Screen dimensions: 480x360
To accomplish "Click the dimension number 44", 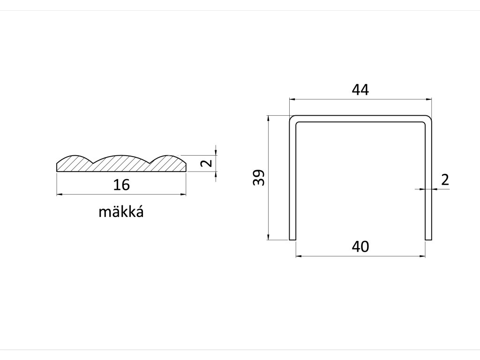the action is tap(360, 90).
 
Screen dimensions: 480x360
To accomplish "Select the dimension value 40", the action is tap(360, 247).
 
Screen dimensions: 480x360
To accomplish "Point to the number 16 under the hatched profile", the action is tap(121, 185).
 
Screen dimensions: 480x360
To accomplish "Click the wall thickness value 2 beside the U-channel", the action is tap(445, 180).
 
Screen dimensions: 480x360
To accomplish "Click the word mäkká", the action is tap(121, 212).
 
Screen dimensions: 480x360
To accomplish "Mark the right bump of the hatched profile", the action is tap(168, 159).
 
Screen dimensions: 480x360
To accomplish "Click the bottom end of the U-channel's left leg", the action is tap(292, 239).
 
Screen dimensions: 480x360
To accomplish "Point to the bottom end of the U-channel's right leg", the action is tap(427, 239).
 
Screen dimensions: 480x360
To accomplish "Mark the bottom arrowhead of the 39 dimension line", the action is tap(268, 238).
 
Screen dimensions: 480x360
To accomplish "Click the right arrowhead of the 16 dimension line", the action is tap(184, 194).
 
